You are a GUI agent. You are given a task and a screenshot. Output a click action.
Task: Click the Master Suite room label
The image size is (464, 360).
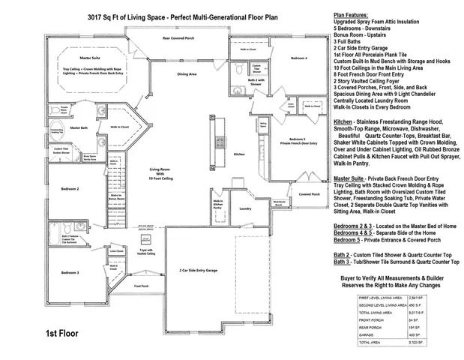91,57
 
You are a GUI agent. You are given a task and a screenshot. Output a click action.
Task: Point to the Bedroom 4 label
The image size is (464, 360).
299,58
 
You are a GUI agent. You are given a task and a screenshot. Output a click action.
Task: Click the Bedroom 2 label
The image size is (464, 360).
70,189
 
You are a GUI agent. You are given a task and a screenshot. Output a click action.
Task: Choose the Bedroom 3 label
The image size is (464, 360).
70,273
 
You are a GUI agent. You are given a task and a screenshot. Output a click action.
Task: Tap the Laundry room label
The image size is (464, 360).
244,208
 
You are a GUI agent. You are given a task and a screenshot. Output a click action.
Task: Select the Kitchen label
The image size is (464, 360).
240,154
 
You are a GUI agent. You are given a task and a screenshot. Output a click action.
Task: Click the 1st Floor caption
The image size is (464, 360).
62,332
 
